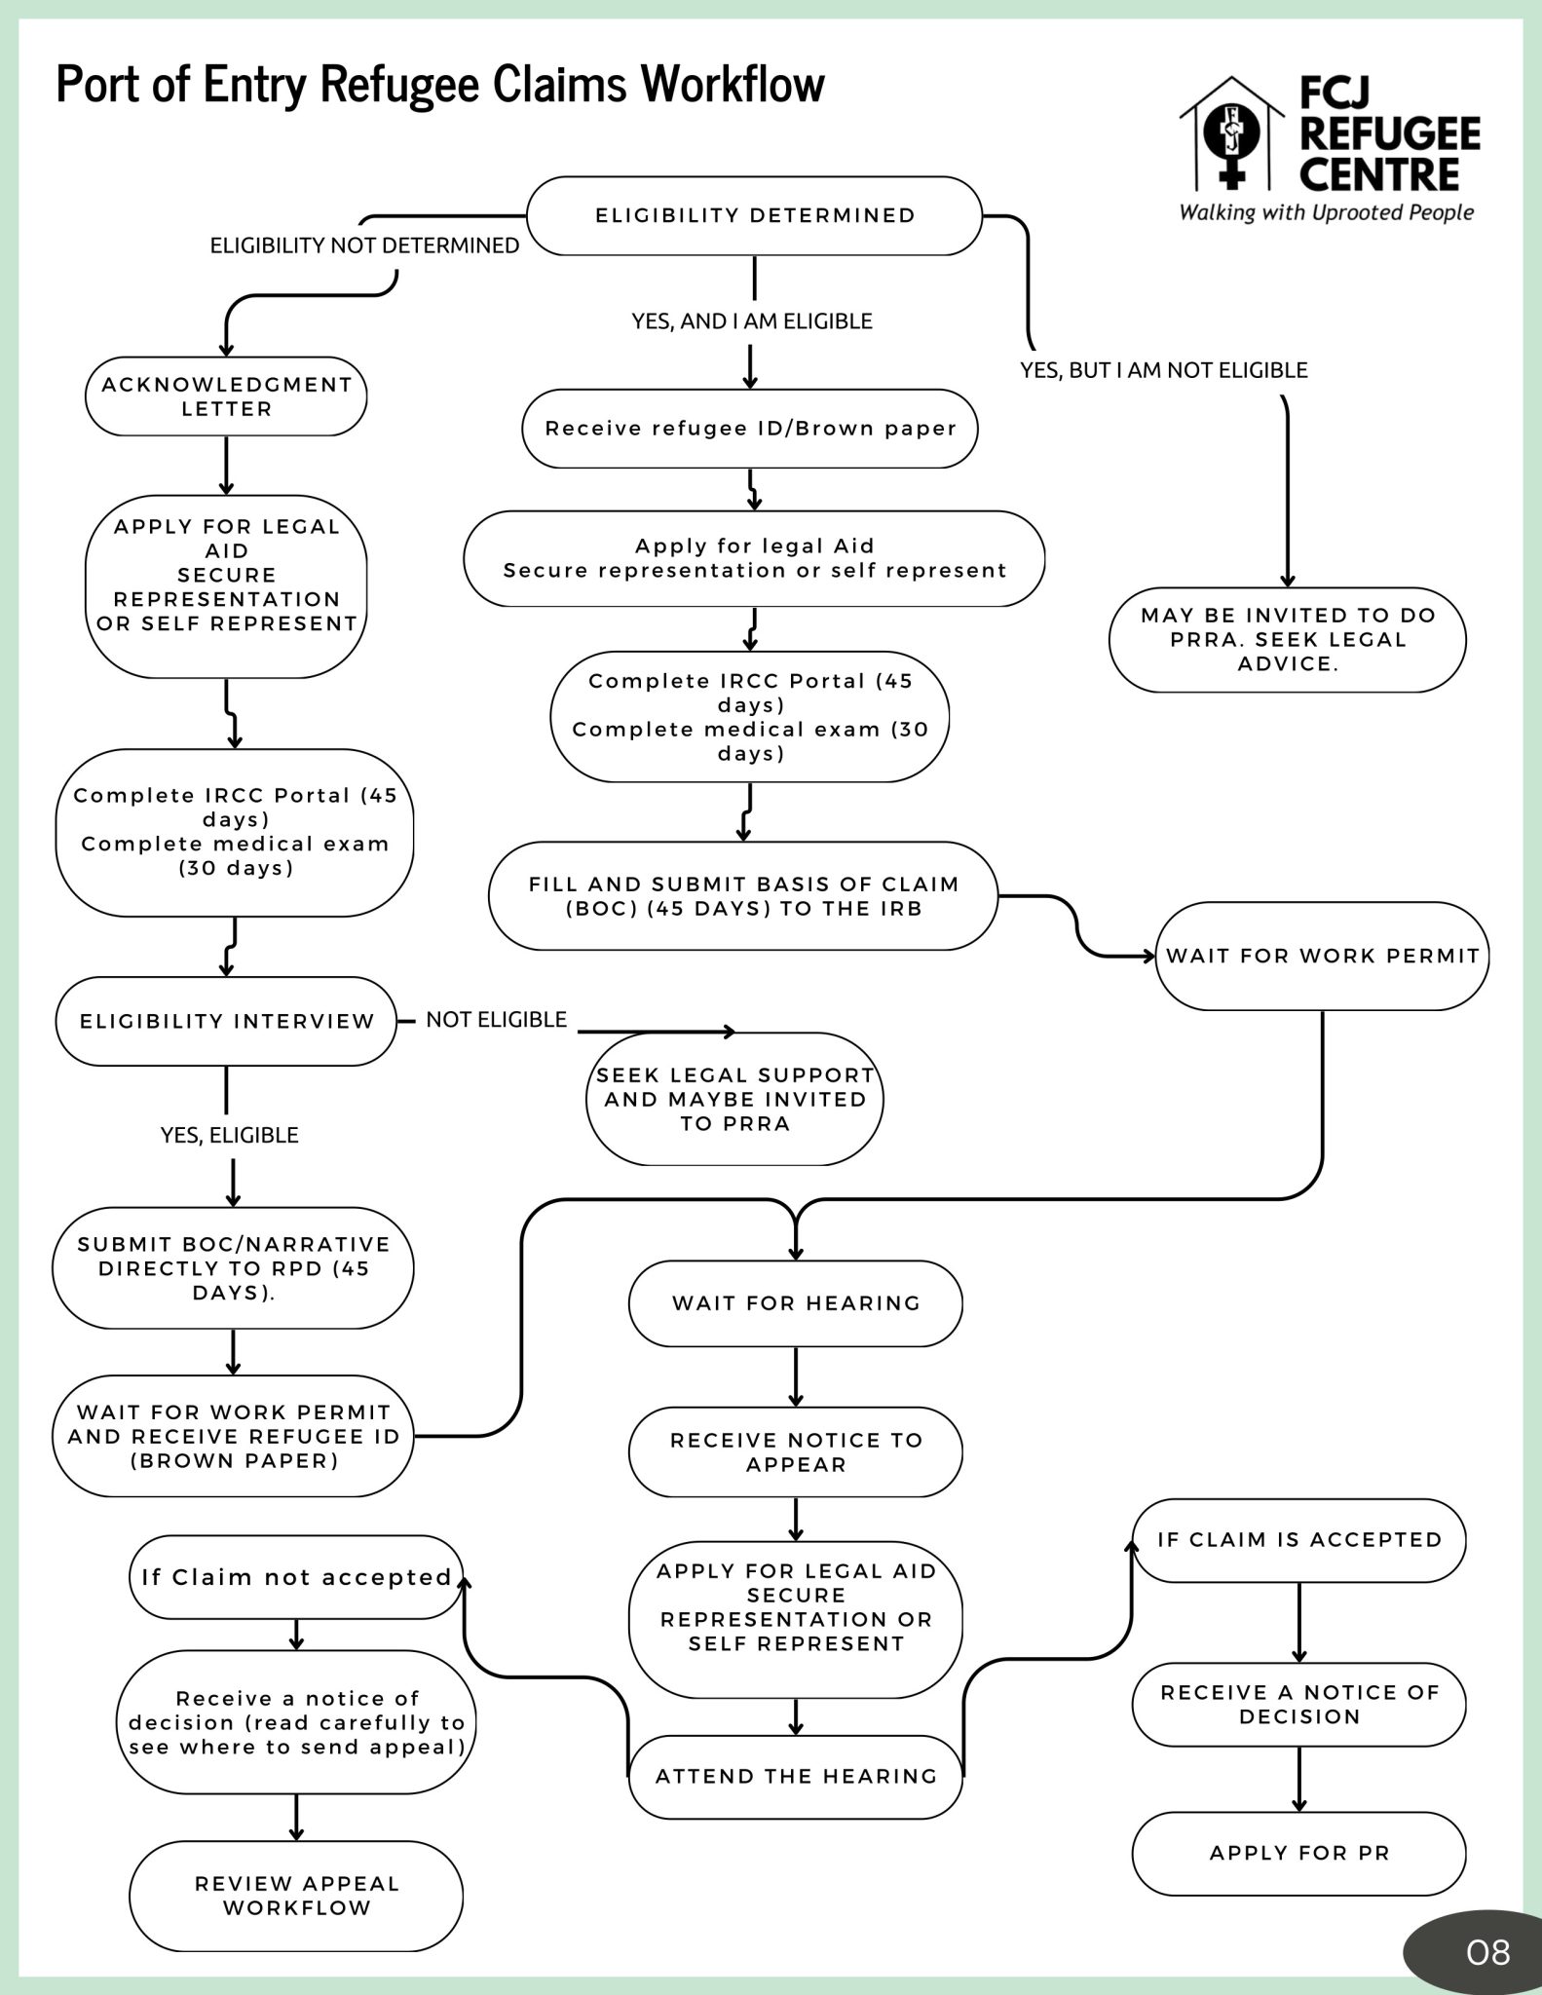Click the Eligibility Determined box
pyautogui.click(x=754, y=215)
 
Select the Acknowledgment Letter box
pyautogui.click(x=226, y=396)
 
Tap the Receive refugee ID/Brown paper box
pyautogui.click(x=750, y=429)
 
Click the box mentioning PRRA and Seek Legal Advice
pyautogui.click(x=1287, y=640)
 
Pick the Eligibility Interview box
pyautogui.click(x=226, y=1021)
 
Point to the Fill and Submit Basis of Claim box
pyautogui.click(x=743, y=896)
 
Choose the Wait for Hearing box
pyautogui.click(x=796, y=1303)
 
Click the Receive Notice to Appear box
pyautogui.click(x=796, y=1451)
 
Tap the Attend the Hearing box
pyautogui.click(x=796, y=1776)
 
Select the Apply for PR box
pyautogui.click(x=1298, y=1853)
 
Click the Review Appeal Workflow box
pyautogui.click(x=296, y=1896)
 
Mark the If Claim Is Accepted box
pyautogui.click(x=1298, y=1540)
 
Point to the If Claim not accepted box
pyautogui.click(x=296, y=1577)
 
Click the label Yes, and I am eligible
pyautogui.click(x=752, y=321)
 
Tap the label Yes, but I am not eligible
pyautogui.click(x=1164, y=370)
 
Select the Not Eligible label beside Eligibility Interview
pyautogui.click(x=497, y=1020)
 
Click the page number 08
pyautogui.click(x=1488, y=1952)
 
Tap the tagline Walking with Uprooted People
pyautogui.click(x=1327, y=212)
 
